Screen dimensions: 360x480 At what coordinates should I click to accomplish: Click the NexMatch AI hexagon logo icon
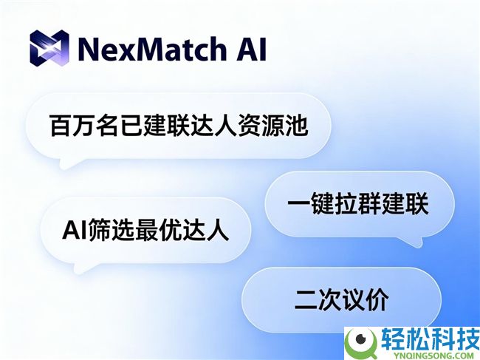click(49, 49)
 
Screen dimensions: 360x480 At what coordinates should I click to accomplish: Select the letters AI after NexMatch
click(249, 50)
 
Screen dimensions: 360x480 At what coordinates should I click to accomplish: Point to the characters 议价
click(366, 299)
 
